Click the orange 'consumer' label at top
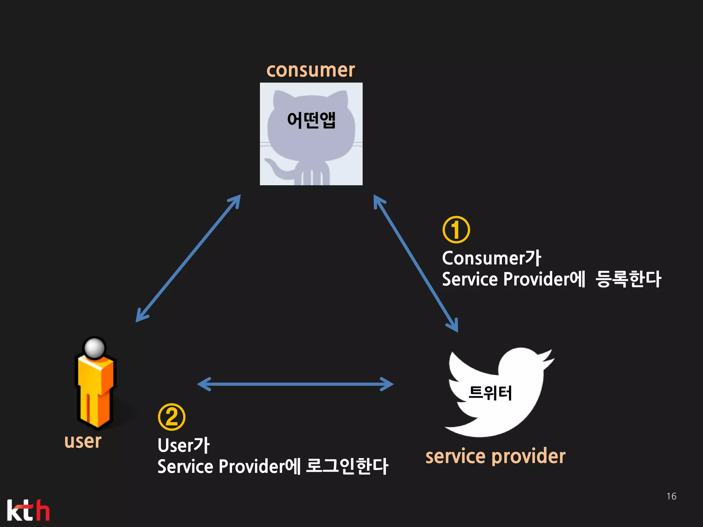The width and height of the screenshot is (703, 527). [x=311, y=70]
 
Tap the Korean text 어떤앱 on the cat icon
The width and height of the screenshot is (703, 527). [x=311, y=120]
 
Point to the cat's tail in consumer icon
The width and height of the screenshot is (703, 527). [x=275, y=168]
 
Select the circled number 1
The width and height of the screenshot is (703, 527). [x=456, y=230]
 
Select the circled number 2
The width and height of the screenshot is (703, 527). [x=171, y=417]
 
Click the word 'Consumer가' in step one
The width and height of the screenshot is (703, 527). [x=491, y=258]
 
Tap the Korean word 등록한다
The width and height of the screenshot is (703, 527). [x=628, y=279]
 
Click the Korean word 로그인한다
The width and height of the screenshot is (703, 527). [x=347, y=466]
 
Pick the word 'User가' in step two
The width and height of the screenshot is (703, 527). [x=183, y=445]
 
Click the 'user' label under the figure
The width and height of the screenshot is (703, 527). [x=83, y=441]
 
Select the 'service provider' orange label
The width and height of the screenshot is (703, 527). [x=495, y=457]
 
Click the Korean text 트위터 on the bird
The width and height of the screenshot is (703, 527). [x=490, y=393]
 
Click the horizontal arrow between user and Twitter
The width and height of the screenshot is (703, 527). [x=295, y=384]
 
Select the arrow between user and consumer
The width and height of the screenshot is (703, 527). [x=188, y=258]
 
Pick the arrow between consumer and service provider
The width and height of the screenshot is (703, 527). [x=416, y=263]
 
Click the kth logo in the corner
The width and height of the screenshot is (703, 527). [x=28, y=510]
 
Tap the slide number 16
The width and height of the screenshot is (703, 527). [x=671, y=496]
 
